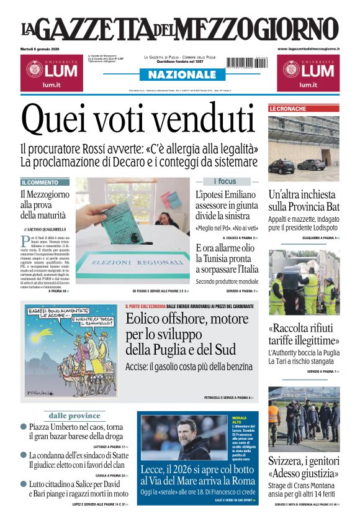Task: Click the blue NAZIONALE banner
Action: pyautogui.click(x=179, y=75)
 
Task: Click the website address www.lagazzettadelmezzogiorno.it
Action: pyautogui.click(x=308, y=48)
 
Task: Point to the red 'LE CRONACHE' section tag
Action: pyautogui.click(x=287, y=109)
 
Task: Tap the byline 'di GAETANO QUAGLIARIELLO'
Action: pyautogui.click(x=45, y=230)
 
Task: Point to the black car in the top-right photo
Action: pyautogui.click(x=282, y=166)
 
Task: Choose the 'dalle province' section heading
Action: pyautogui.click(x=74, y=416)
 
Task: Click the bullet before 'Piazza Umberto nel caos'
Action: pyautogui.click(x=24, y=427)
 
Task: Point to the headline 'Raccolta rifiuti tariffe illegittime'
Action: pyautogui.click(x=304, y=334)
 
